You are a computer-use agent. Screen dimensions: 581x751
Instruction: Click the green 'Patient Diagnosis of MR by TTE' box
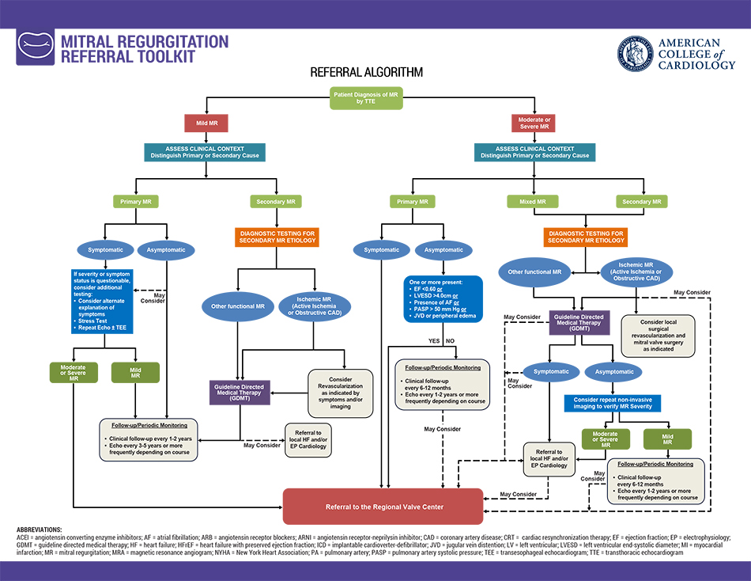[x=365, y=97]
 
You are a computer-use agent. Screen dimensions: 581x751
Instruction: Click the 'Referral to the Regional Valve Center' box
[x=383, y=507]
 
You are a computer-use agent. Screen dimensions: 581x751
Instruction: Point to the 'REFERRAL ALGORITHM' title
[x=366, y=72]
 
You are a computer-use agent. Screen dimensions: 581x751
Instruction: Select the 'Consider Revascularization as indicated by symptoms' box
[x=340, y=393]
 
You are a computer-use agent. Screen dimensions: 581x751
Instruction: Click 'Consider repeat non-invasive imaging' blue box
[x=613, y=403]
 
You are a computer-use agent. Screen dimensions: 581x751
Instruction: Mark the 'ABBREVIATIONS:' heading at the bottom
[x=39, y=530]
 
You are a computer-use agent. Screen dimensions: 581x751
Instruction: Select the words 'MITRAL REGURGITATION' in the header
[x=145, y=41]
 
